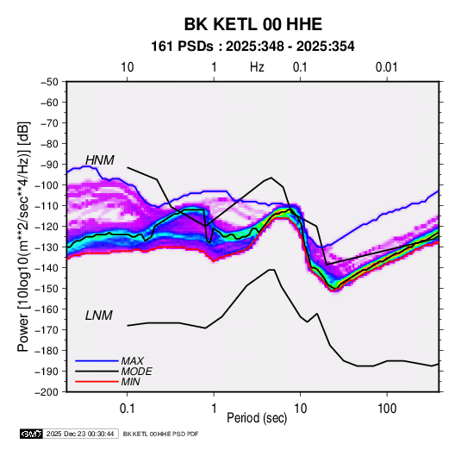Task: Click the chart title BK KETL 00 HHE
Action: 252,24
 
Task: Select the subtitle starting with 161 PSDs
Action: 252,47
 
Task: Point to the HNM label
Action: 100,160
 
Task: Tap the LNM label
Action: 99,315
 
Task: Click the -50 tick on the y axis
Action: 49,82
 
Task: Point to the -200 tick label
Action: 47,392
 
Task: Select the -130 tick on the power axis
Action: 47,247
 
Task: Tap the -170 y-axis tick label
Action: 47,330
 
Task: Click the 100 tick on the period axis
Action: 387,409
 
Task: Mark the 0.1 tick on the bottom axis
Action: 127,409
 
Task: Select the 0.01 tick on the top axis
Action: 387,67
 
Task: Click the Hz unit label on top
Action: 257,67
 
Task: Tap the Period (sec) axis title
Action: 257,418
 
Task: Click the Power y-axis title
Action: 23,236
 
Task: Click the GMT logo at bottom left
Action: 31,434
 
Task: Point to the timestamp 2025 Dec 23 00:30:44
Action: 80,434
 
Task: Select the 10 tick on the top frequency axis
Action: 128,67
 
